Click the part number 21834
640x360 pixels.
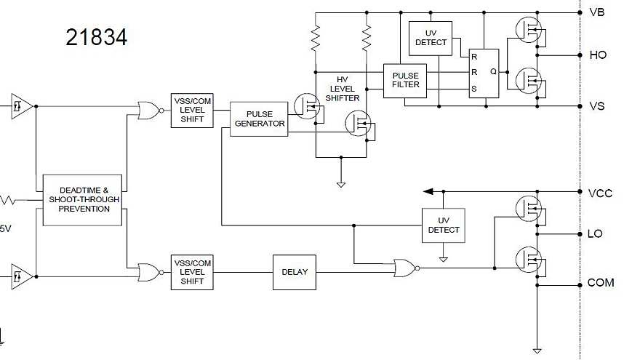(x=96, y=37)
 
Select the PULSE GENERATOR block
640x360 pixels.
(x=259, y=119)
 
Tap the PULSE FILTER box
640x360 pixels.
(x=405, y=80)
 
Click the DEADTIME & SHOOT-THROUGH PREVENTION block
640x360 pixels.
(x=81, y=199)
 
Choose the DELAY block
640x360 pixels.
(x=295, y=272)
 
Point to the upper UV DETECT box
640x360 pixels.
(x=431, y=38)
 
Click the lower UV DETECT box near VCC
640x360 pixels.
(x=444, y=225)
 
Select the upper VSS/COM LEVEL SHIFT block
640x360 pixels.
(x=192, y=111)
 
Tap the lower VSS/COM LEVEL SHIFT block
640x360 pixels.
(x=192, y=272)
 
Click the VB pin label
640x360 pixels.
(x=596, y=12)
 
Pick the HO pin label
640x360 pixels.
(x=597, y=55)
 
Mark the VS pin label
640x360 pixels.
(x=596, y=106)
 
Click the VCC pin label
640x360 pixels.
(x=600, y=193)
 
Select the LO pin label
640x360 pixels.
(x=595, y=234)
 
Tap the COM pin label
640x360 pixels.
(x=601, y=283)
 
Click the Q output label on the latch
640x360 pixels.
(x=493, y=72)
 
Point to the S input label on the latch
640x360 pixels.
(x=474, y=89)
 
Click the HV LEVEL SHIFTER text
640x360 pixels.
(x=343, y=88)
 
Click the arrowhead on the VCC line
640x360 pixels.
(x=428, y=191)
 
